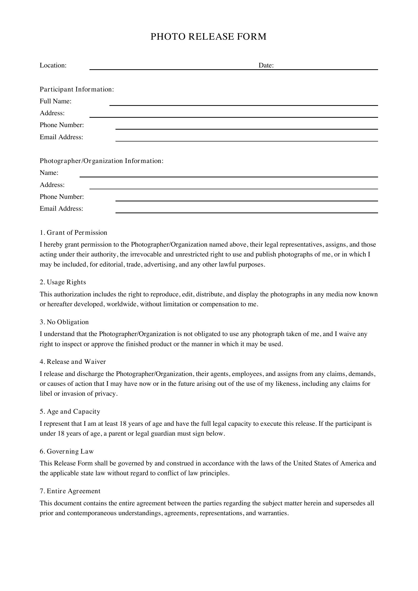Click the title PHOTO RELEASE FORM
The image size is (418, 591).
coord(208,37)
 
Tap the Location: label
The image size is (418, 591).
coord(53,65)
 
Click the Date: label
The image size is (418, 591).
coord(266,65)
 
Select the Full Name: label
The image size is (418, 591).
coord(55,101)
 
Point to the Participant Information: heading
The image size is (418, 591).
coord(77,89)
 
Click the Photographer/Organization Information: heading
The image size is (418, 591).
coord(101,161)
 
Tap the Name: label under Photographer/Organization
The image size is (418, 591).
coord(49,173)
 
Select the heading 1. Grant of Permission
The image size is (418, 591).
coord(73,233)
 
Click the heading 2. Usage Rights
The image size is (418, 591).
coord(63,282)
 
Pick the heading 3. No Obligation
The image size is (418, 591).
coord(64,322)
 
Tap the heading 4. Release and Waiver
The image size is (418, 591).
coord(73,362)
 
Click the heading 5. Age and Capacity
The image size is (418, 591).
coord(70,412)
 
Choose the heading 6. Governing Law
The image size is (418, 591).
coord(67,452)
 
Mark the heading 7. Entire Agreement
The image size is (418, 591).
coord(70,491)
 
